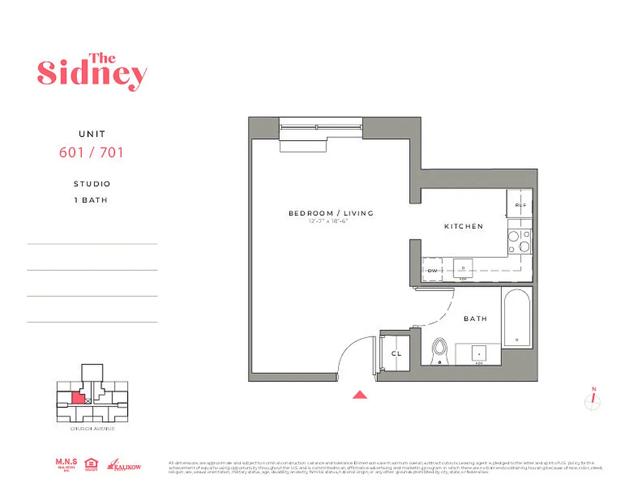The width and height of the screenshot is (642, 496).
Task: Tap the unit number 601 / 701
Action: [x=91, y=152]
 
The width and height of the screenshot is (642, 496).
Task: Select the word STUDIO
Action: [x=92, y=184]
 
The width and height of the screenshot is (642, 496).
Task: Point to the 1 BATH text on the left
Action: [x=92, y=200]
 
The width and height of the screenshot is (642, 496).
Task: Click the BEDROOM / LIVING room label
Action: [x=331, y=213]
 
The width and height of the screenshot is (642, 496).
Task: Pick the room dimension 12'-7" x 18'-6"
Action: [x=327, y=221]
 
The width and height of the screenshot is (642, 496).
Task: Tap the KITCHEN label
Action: [x=463, y=226]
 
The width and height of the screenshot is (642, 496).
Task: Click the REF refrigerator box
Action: [x=520, y=205]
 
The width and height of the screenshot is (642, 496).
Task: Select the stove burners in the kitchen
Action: [x=520, y=241]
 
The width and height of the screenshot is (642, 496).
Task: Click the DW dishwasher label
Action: [x=432, y=270]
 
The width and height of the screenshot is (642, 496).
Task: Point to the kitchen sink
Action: [x=463, y=268]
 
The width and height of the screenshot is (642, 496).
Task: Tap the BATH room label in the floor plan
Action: [x=475, y=319]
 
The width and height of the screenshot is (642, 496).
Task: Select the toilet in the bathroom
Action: [x=440, y=349]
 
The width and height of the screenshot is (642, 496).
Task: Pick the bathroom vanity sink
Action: [x=479, y=353]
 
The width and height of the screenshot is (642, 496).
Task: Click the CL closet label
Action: [x=396, y=353]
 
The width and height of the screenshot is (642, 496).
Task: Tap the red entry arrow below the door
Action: [x=360, y=394]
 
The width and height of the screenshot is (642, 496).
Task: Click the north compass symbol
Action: [x=593, y=401]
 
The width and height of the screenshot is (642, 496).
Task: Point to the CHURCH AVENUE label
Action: [x=92, y=428]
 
